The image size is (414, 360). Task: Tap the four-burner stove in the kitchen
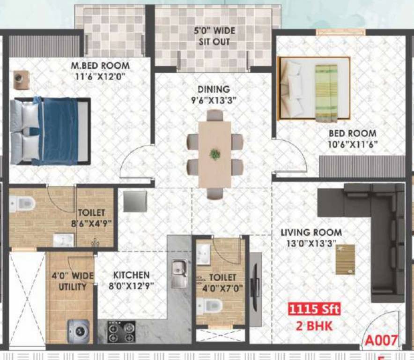tap(121, 332)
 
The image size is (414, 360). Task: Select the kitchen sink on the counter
tap(179, 273)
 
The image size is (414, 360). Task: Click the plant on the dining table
tap(215, 154)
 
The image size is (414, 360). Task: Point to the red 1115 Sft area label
tap(313, 310)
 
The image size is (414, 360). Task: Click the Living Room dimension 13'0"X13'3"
tap(311, 243)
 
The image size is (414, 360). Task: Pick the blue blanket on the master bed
tap(60, 131)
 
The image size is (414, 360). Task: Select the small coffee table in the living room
tap(345, 259)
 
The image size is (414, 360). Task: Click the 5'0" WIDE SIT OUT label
tap(214, 37)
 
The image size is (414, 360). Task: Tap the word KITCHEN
tap(131, 275)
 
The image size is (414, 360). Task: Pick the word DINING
tap(214, 89)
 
